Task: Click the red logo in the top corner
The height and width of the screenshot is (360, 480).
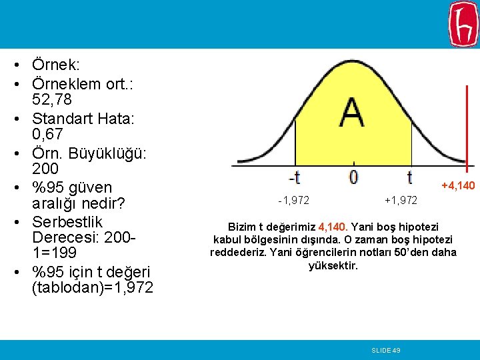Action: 463,24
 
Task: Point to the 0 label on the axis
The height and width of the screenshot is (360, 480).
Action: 353,177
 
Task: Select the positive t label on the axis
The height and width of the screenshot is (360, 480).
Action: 409,177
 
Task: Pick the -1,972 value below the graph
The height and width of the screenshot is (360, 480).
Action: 293,200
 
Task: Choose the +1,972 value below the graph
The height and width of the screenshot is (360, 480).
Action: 401,200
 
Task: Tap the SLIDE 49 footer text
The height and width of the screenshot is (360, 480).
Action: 386,350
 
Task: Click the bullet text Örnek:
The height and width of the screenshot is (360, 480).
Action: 56,65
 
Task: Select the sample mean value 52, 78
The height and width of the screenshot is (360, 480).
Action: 52,100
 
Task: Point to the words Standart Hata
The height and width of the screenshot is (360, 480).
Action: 83,118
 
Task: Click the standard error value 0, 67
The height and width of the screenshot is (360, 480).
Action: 47,135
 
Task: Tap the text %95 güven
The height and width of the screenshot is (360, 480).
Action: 72,187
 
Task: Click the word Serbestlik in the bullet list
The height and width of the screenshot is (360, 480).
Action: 67,221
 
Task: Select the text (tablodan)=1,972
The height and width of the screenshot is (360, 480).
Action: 92,288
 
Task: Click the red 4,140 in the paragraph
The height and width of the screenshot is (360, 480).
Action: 333,226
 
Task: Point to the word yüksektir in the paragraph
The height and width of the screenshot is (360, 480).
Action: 333,265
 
